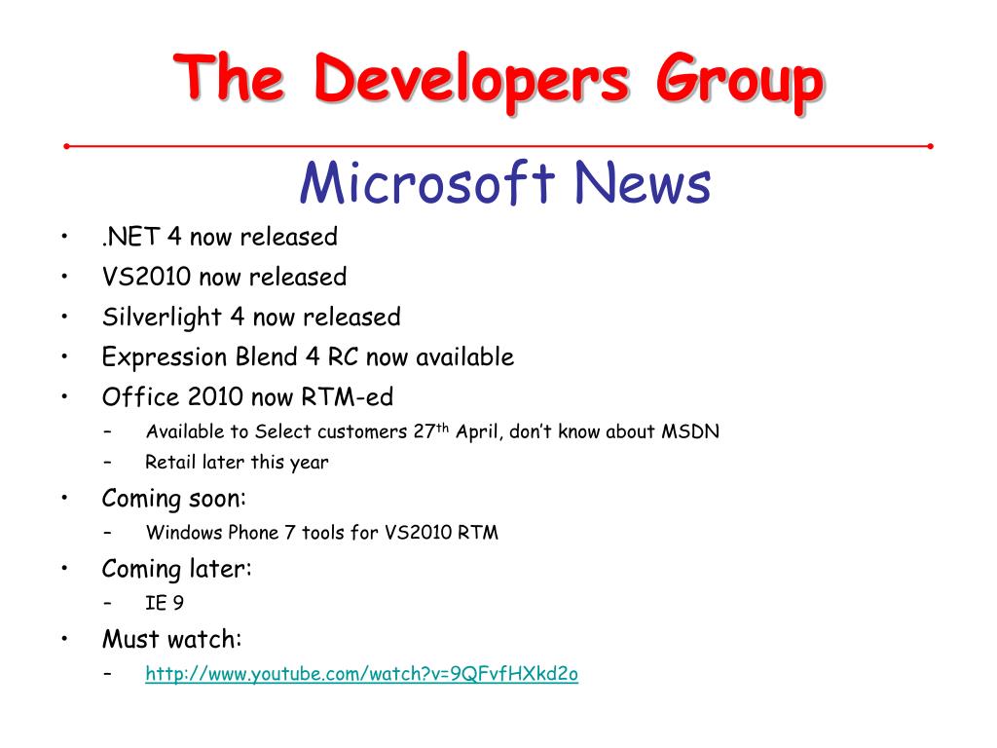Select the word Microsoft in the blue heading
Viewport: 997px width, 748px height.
click(x=427, y=182)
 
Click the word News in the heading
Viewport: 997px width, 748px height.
click(x=643, y=182)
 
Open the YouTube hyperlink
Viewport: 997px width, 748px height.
click(x=362, y=674)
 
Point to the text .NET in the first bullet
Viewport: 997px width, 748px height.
click(x=130, y=237)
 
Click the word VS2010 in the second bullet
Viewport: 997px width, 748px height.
click(x=146, y=277)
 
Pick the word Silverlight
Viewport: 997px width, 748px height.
click(x=162, y=318)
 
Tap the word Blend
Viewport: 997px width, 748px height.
click(x=267, y=356)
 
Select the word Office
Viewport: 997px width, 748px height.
click(x=140, y=397)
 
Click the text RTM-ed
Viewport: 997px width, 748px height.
click(x=348, y=397)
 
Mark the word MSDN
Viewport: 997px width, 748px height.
click(x=690, y=431)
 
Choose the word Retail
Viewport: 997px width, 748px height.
click(x=170, y=462)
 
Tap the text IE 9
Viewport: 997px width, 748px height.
click(x=164, y=602)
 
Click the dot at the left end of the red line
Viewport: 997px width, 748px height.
click(x=67, y=146)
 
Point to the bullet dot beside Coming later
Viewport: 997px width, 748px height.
click(x=64, y=568)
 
